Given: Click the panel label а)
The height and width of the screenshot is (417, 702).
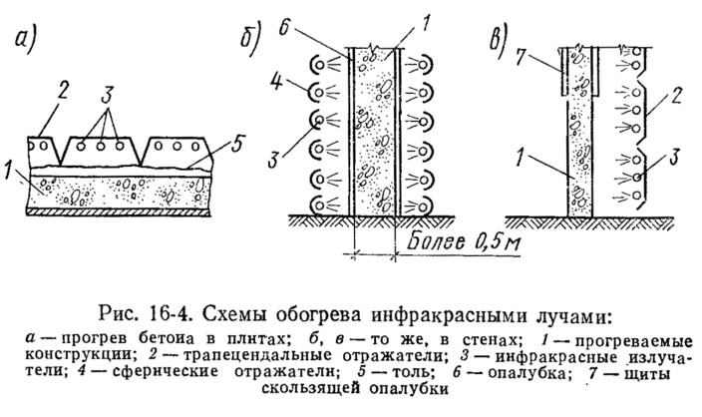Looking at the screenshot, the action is click(25, 40).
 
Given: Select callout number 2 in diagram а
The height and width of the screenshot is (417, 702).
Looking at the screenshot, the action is click(62, 93).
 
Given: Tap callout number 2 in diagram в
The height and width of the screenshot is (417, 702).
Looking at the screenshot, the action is click(675, 96).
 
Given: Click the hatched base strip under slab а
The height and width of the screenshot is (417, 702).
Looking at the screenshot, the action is click(118, 212).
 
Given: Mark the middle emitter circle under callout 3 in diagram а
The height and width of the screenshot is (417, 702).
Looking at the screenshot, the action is click(101, 146).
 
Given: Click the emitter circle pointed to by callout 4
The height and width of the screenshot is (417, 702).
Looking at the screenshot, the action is click(319, 93).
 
